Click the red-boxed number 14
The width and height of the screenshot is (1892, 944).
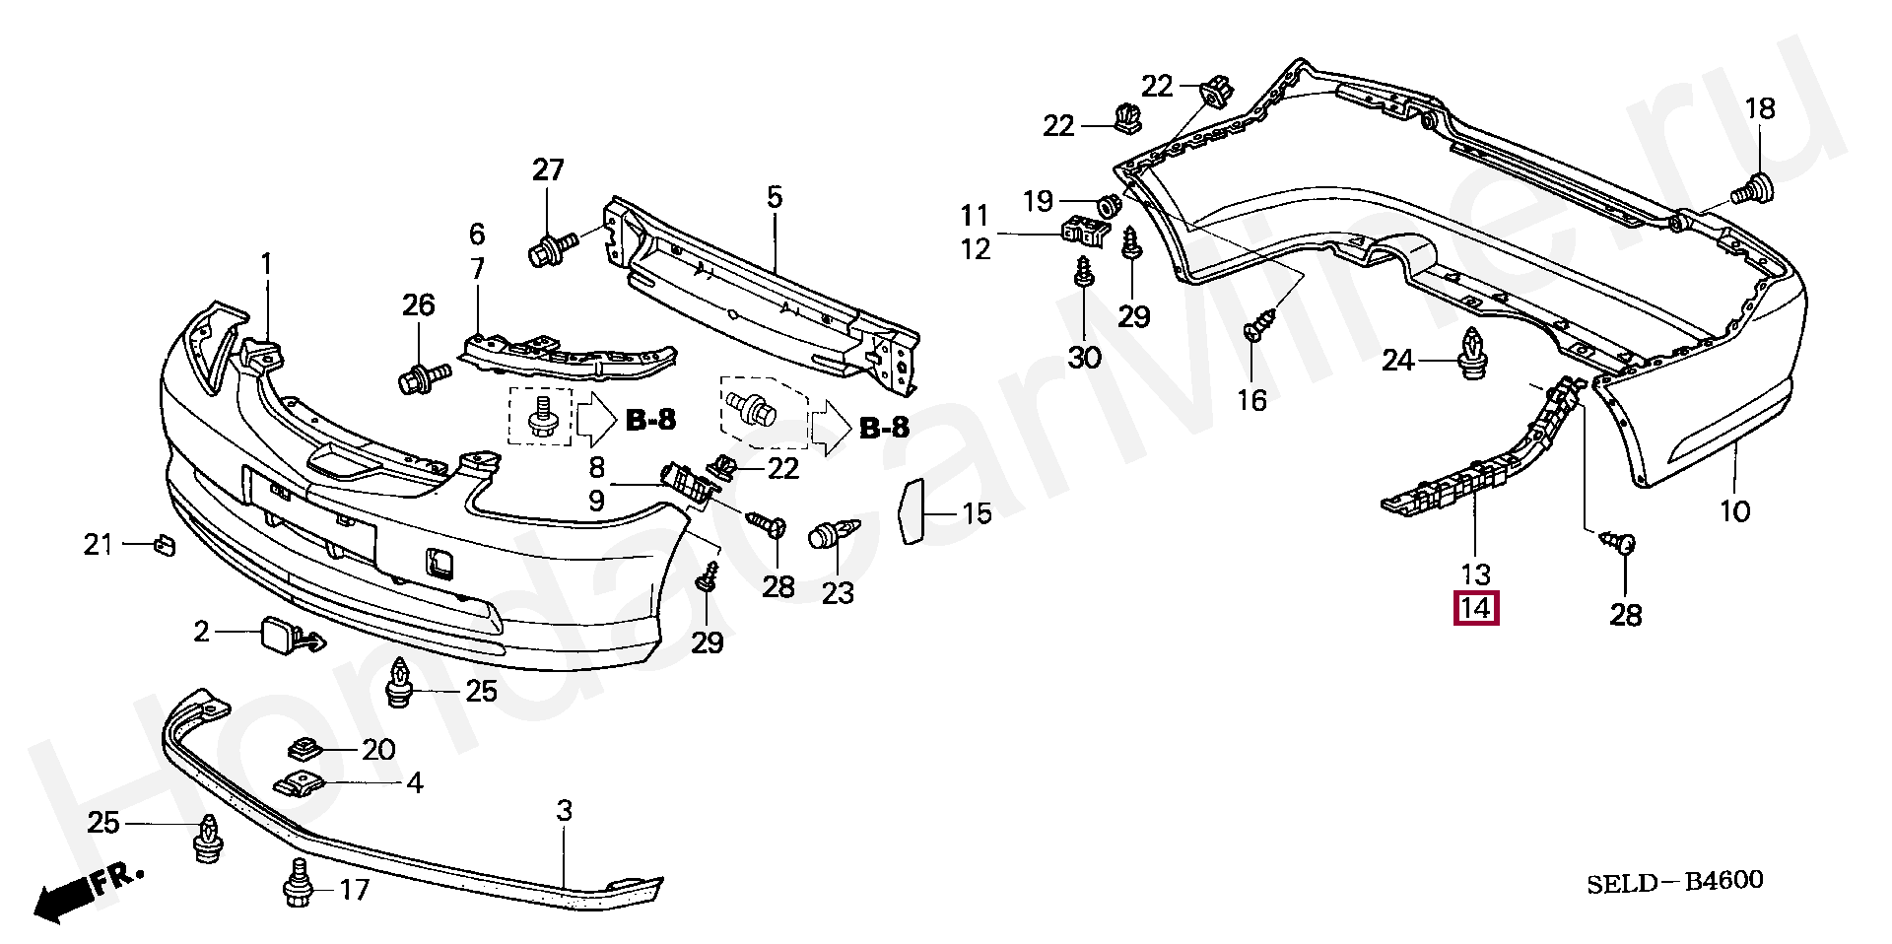(1475, 608)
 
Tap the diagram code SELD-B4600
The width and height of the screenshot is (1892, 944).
(1674, 882)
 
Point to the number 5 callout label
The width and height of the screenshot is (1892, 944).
(775, 197)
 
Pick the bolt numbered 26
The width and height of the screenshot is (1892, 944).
(422, 377)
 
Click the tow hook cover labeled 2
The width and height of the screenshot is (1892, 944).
(279, 634)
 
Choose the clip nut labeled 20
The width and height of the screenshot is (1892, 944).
(306, 750)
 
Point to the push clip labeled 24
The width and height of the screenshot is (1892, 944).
(1472, 354)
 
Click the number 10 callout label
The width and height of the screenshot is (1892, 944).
(1734, 511)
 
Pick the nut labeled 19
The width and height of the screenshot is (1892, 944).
(1108, 205)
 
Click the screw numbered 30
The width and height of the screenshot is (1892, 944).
(1084, 273)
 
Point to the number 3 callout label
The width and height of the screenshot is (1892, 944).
(564, 811)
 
